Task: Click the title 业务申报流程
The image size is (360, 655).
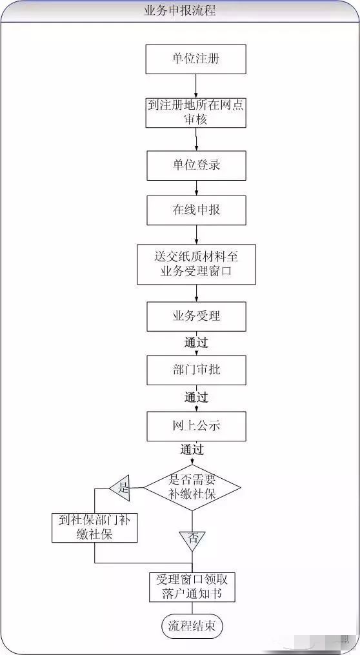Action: click(180, 10)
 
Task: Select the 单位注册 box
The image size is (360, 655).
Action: click(196, 59)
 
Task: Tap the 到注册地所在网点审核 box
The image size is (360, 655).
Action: click(196, 112)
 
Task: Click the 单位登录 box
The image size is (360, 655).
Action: click(196, 165)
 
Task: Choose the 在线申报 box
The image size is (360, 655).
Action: click(196, 210)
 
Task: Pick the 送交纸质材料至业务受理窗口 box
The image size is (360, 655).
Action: click(196, 265)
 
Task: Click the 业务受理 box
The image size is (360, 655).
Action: click(196, 316)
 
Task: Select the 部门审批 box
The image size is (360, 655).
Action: click(196, 370)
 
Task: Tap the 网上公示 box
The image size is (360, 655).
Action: click(196, 426)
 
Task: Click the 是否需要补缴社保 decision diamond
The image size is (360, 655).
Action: click(192, 487)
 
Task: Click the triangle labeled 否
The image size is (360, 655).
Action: click(192, 541)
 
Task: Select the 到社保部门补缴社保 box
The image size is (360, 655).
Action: click(95, 528)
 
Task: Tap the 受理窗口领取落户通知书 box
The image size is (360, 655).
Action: click(192, 587)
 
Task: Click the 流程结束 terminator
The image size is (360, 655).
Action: click(192, 625)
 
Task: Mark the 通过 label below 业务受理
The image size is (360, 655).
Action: click(196, 343)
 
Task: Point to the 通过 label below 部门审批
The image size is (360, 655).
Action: click(196, 398)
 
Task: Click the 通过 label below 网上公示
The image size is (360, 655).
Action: click(192, 450)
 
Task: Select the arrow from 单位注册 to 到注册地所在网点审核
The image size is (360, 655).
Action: click(196, 86)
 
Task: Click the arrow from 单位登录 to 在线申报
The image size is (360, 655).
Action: click(196, 188)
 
